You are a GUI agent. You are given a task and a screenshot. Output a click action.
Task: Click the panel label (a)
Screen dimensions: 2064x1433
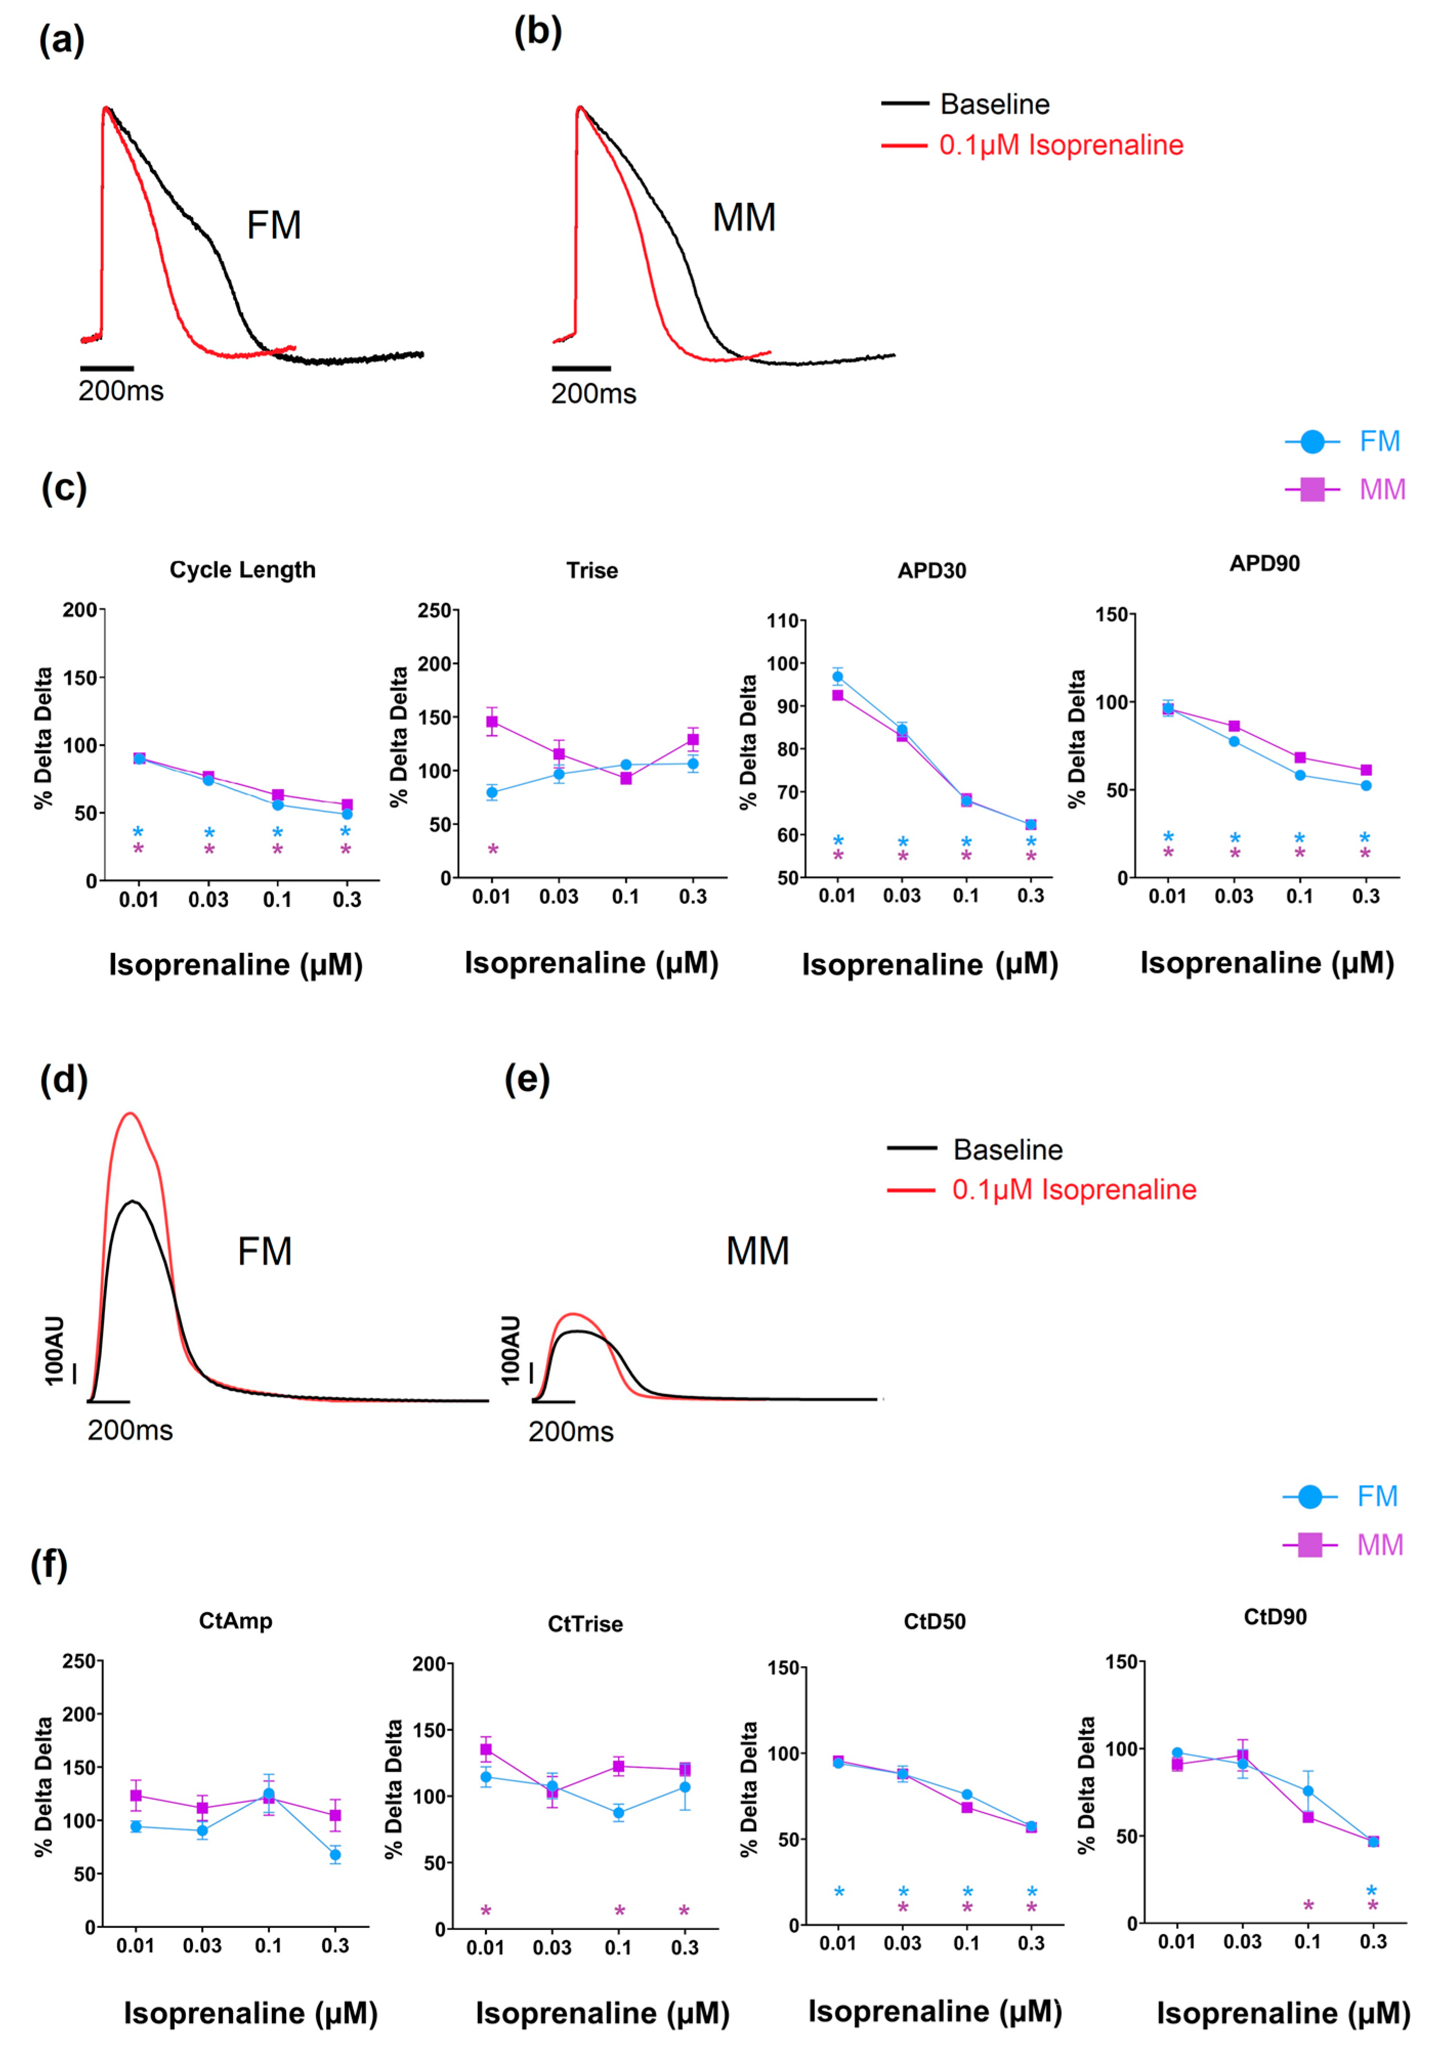[61, 40]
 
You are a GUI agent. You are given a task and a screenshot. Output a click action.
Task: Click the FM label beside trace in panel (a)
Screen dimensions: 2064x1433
[274, 225]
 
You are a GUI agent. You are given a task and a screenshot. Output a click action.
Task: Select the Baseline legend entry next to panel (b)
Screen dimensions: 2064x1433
[994, 104]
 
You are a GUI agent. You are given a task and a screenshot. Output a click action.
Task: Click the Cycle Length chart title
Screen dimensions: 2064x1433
[243, 570]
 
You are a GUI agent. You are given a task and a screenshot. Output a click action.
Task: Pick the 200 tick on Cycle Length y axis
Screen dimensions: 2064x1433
[80, 610]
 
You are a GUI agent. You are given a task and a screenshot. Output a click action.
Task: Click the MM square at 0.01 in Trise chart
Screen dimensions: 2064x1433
[492, 722]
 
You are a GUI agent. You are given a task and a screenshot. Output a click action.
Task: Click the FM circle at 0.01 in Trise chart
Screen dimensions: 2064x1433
[492, 792]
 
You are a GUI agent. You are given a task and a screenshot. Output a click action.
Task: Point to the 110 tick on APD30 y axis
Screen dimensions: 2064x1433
[782, 621]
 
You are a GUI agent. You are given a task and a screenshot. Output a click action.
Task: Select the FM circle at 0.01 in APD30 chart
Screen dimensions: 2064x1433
[838, 677]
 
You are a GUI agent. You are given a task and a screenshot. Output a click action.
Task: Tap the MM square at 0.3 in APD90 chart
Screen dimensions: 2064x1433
[1365, 770]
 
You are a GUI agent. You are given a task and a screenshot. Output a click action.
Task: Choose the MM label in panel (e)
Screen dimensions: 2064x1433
[757, 1250]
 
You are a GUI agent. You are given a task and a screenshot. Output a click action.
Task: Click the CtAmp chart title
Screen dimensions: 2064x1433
[235, 1621]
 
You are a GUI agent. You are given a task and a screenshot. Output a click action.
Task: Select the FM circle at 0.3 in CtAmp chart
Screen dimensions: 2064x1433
[335, 1855]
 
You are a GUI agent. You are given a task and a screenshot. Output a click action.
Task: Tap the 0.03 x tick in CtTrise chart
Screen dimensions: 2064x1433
[551, 1947]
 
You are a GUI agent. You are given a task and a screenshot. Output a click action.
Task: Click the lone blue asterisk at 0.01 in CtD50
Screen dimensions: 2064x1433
[839, 1891]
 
